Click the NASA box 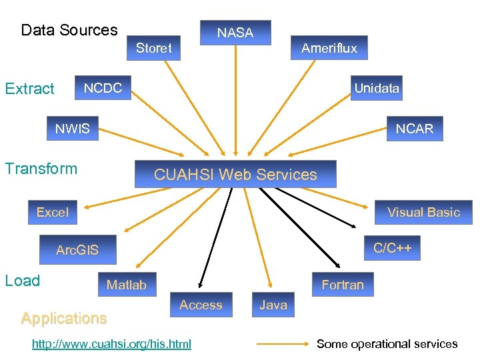(235, 33)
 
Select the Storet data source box (154, 48)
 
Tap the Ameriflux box (329, 48)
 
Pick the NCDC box (103, 88)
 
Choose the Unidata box (377, 88)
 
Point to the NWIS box (72, 129)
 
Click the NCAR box (414, 129)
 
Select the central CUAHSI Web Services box (235, 175)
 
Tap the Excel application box (53, 212)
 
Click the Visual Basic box (423, 212)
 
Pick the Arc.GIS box (77, 250)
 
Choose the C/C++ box (392, 248)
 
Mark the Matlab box (127, 285)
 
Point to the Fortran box (343, 285)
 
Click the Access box (201, 305)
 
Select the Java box (273, 305)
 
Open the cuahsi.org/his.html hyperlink (111, 344)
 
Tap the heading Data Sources (69, 30)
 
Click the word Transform (41, 169)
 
